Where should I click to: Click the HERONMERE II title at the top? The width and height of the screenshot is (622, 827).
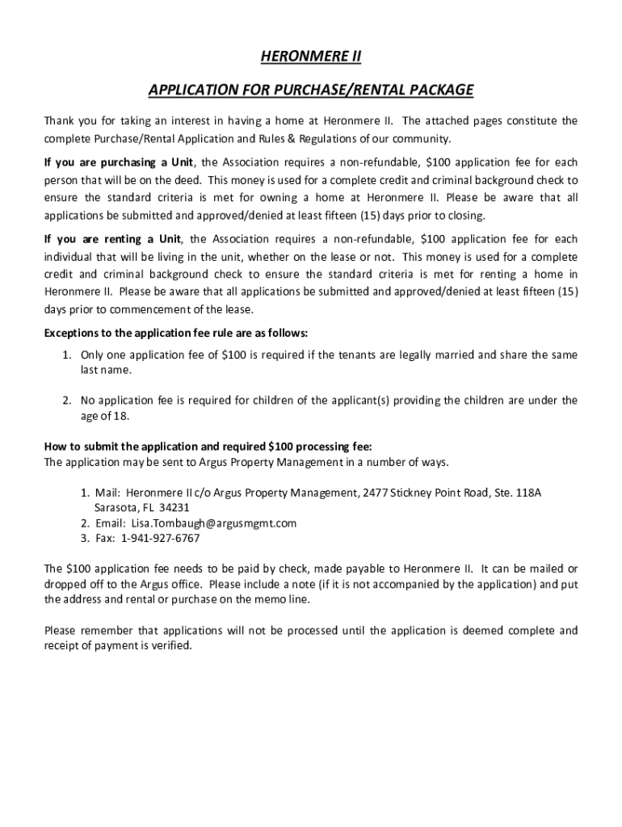(x=310, y=57)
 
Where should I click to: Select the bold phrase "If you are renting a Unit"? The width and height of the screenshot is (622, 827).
(x=112, y=239)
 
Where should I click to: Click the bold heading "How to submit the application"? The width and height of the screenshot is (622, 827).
(x=208, y=447)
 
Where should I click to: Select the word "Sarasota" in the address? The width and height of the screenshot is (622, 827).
(x=109, y=508)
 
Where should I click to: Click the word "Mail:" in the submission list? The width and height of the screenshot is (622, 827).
(x=107, y=492)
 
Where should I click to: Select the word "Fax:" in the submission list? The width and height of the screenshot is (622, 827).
(x=106, y=538)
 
